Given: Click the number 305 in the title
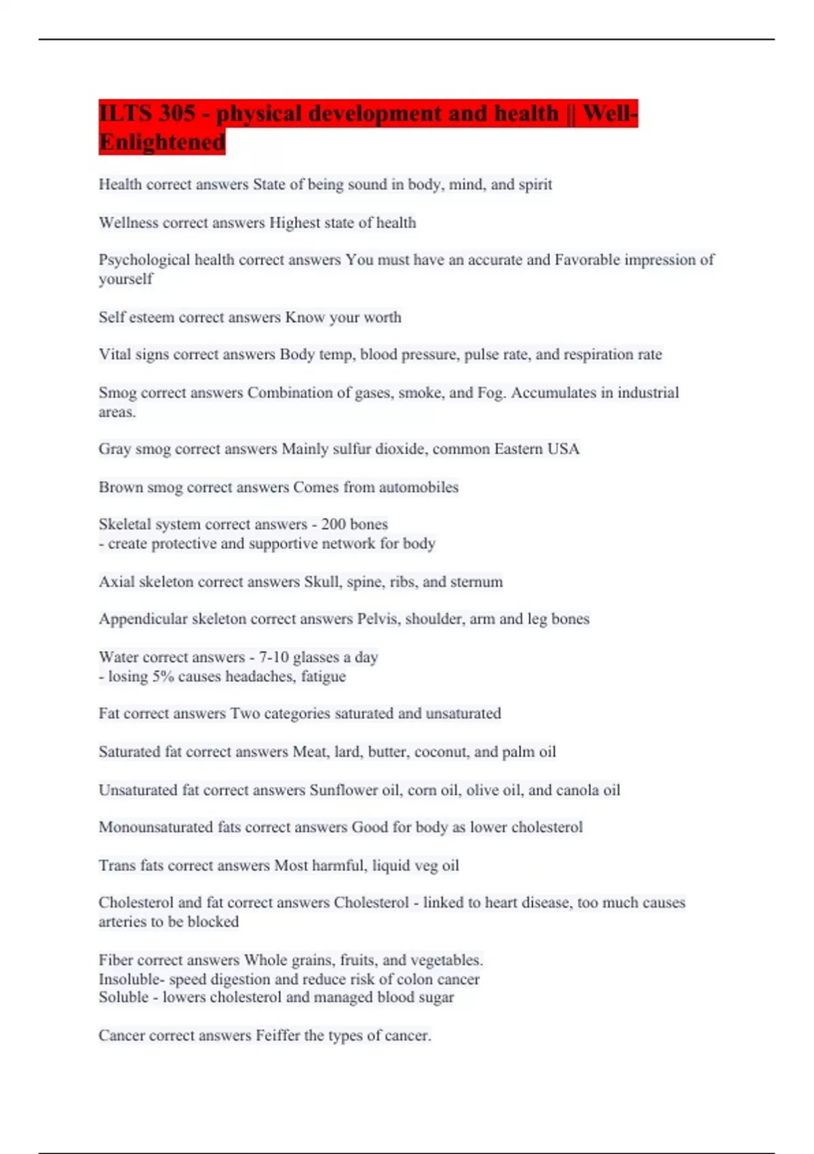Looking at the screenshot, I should (178, 113).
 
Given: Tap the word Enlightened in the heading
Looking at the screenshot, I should (162, 143).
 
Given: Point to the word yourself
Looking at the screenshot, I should (125, 279).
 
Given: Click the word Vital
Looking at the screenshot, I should (113, 354).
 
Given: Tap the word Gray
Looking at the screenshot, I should (115, 449).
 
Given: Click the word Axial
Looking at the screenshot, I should (117, 582).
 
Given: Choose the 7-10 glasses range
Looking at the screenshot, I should (273, 657).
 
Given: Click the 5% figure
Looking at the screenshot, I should (163, 676).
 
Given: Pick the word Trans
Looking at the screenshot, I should (117, 865).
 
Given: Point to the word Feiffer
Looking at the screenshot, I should (277, 1036).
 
